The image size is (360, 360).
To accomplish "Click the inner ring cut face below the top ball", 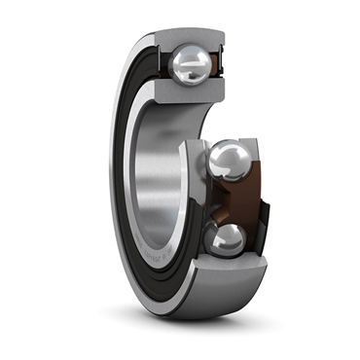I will [191, 94].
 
